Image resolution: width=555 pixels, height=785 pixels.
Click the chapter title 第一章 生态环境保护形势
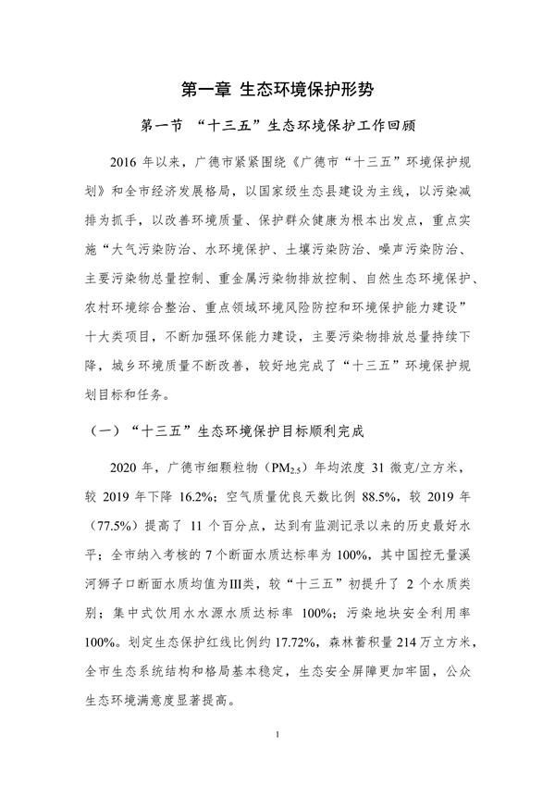click(x=277, y=90)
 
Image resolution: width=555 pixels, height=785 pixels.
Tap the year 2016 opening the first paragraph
click(x=123, y=163)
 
